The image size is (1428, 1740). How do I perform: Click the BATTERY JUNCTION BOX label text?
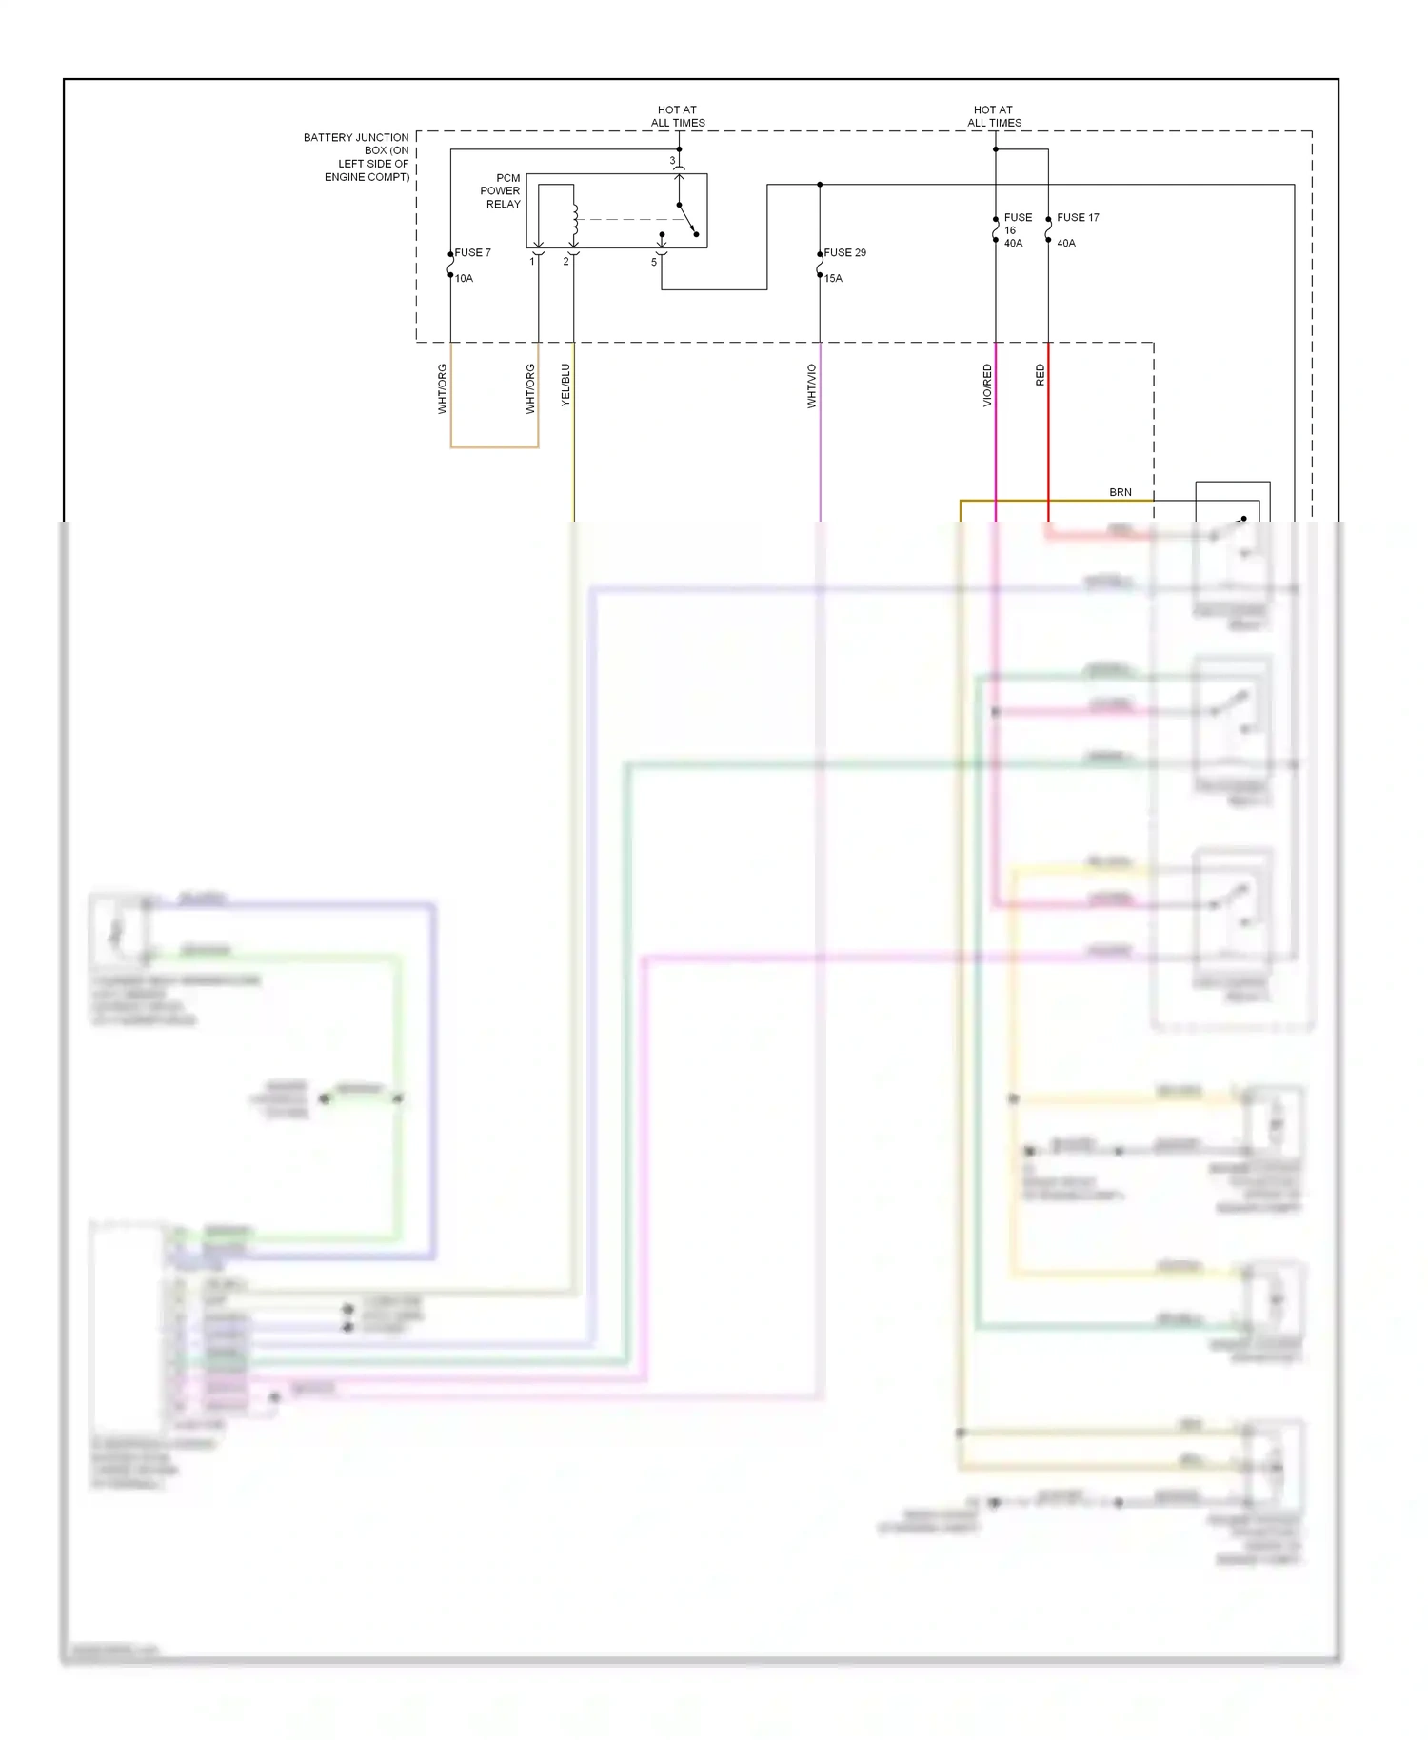click(358, 157)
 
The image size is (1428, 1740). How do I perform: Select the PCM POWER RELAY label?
click(501, 191)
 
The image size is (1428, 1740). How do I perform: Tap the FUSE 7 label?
click(473, 252)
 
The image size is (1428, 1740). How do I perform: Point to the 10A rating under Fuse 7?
click(464, 278)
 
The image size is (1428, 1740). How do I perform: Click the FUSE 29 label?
click(845, 252)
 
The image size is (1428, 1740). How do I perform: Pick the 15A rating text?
click(833, 278)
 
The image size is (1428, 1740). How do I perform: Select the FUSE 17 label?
click(1078, 217)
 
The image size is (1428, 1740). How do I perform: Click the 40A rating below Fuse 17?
click(1066, 243)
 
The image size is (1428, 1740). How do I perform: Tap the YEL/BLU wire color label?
click(565, 386)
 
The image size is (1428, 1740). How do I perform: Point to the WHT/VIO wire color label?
click(812, 386)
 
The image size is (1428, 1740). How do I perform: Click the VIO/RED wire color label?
click(987, 386)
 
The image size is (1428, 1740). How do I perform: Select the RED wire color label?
click(1040, 375)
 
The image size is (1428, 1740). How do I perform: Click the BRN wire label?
click(1121, 492)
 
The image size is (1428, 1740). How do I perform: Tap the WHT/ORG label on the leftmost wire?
click(443, 388)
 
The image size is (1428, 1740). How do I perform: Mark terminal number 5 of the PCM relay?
click(654, 262)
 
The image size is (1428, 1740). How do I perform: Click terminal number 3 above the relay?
click(672, 161)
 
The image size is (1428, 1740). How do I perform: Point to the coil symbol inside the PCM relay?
click(574, 222)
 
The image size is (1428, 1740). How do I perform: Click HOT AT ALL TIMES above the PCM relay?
click(678, 116)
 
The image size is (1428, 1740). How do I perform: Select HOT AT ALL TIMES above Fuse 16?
click(994, 116)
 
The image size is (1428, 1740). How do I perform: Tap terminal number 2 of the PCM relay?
click(565, 262)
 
